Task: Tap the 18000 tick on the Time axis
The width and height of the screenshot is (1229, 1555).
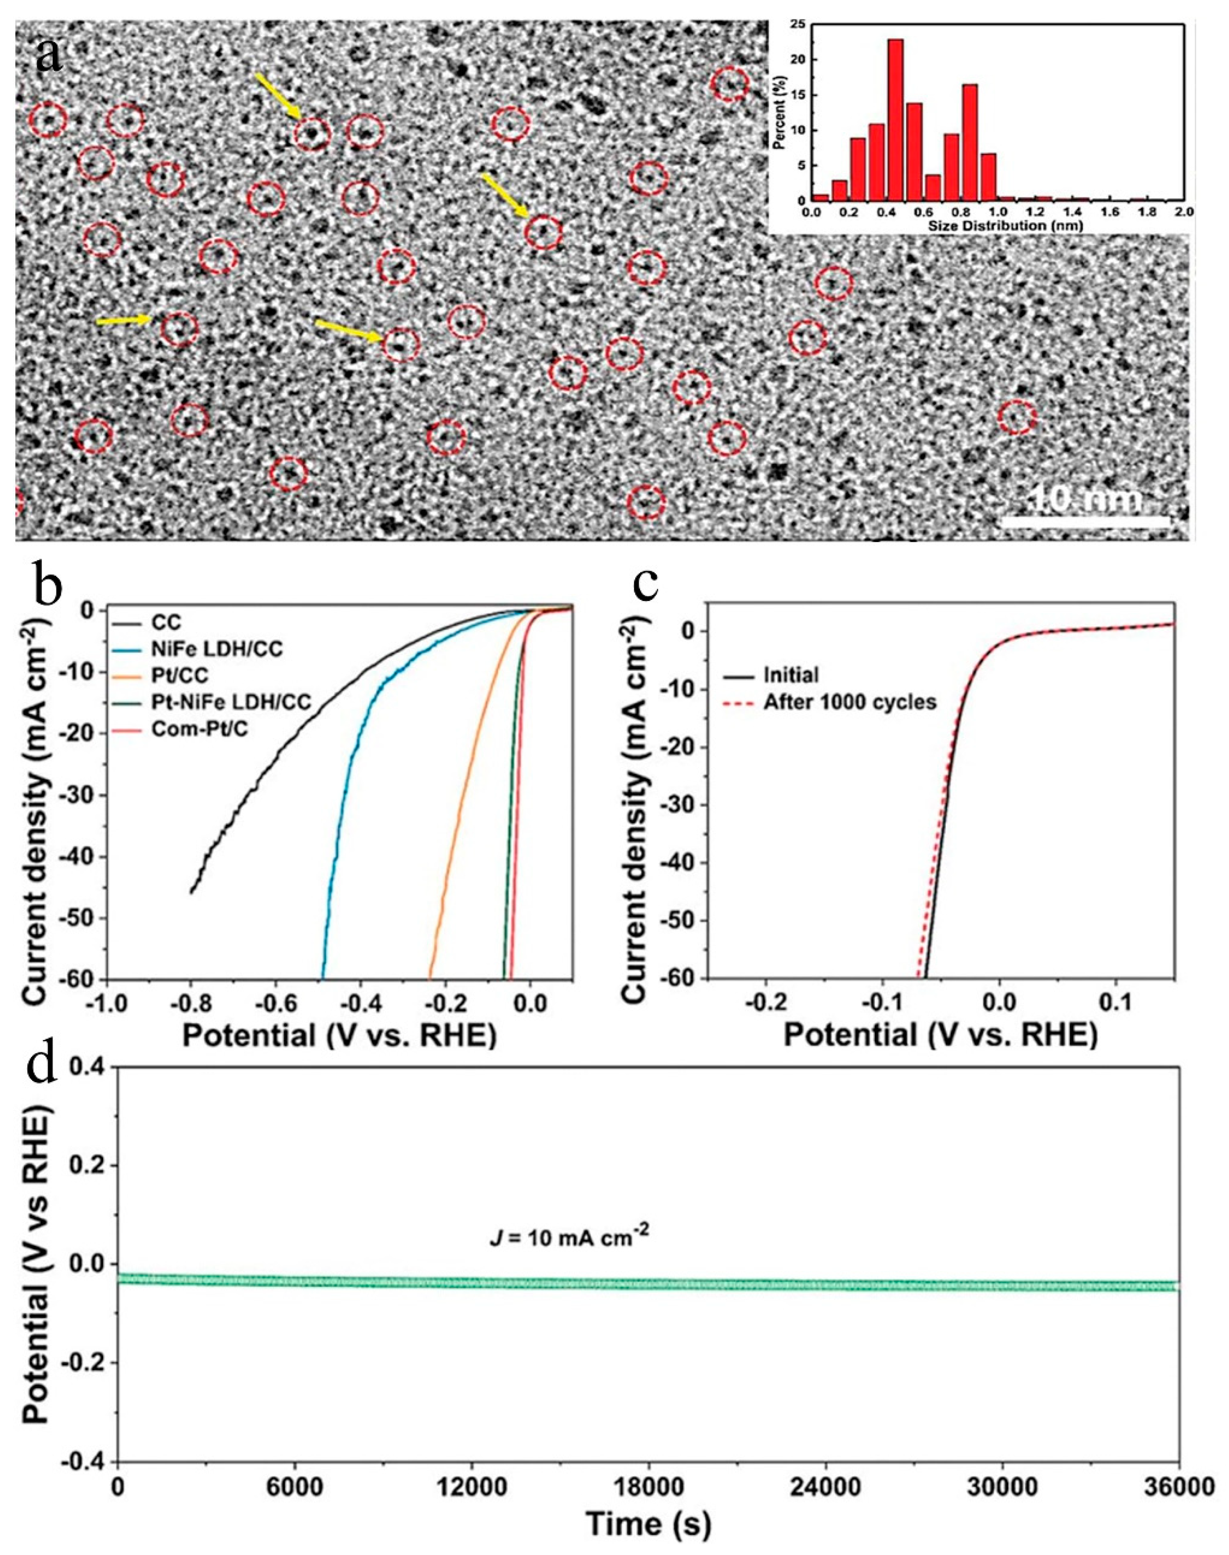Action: tap(648, 1485)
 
